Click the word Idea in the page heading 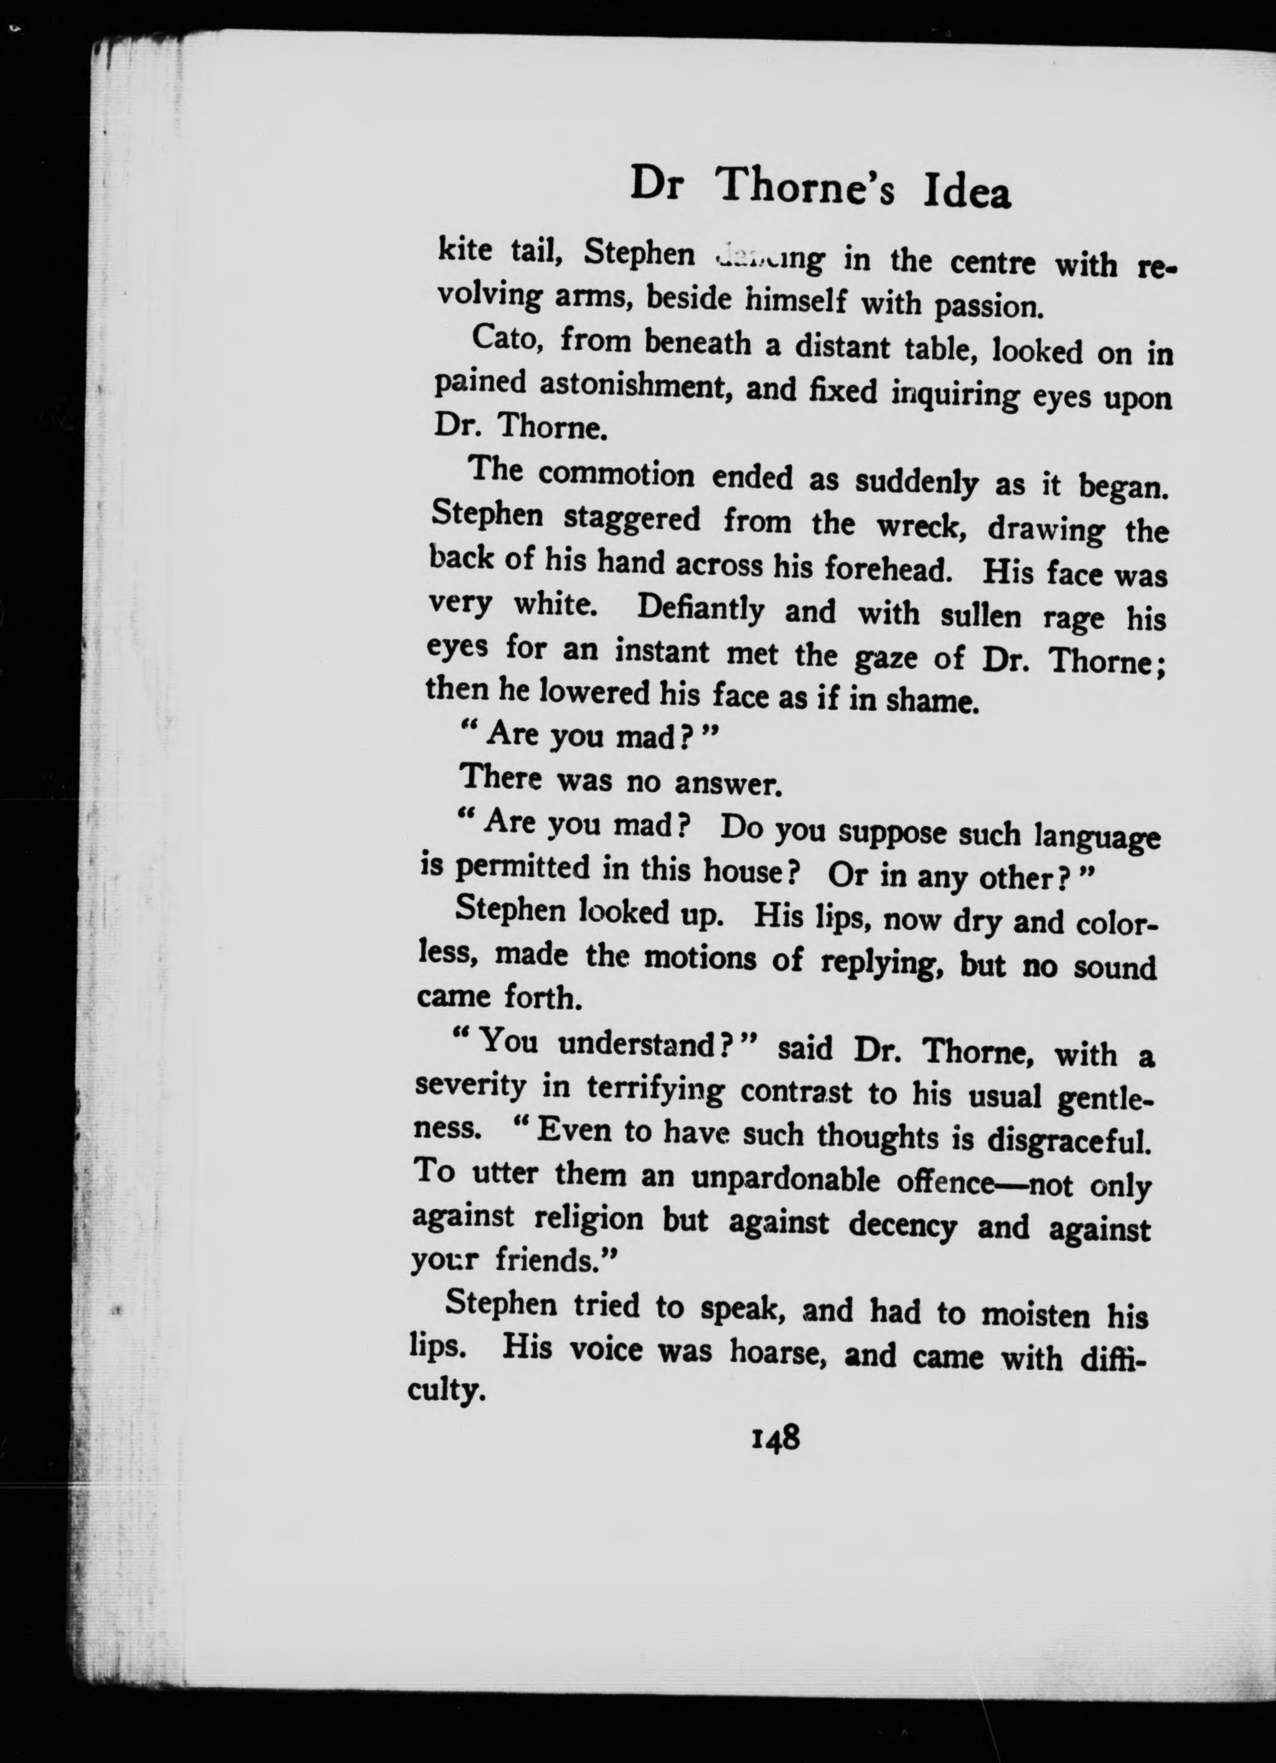pos(967,194)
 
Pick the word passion pos(987,306)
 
